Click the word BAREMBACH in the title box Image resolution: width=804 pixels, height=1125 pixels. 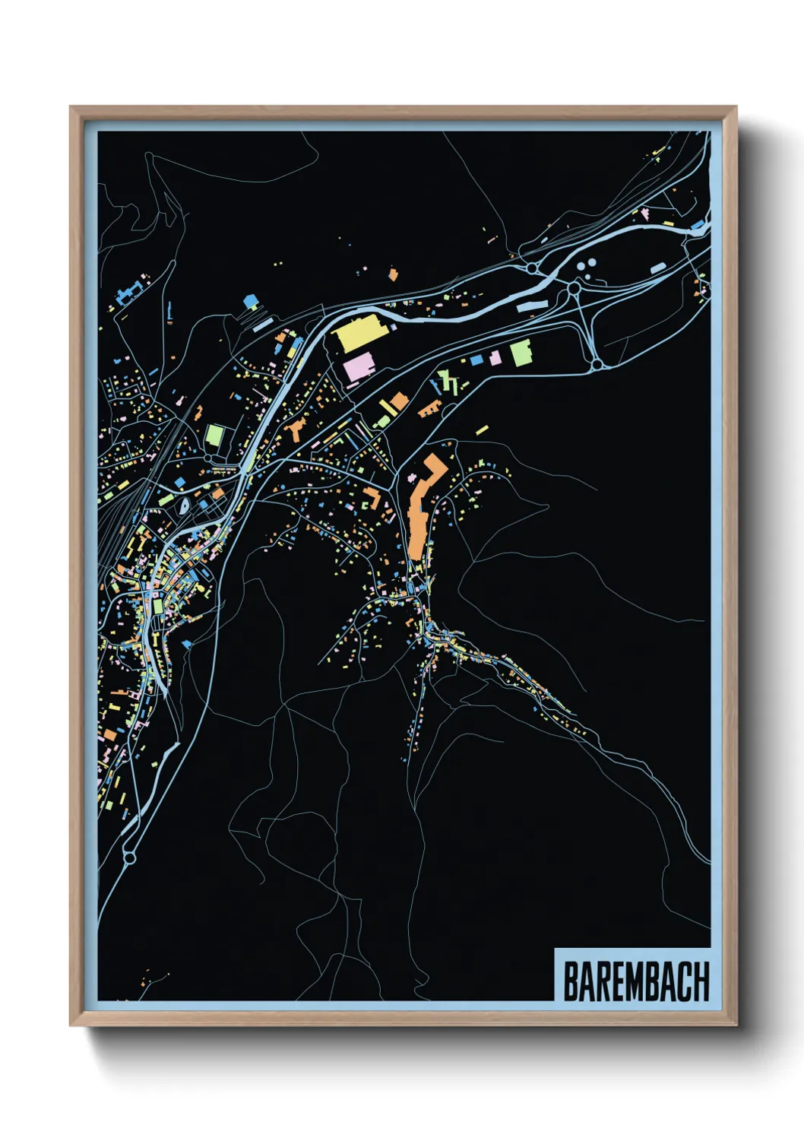pos(635,981)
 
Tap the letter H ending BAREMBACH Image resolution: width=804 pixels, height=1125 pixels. pos(701,981)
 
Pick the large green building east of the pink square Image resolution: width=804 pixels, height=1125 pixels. pos(521,353)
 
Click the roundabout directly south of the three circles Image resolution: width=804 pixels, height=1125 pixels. pos(575,289)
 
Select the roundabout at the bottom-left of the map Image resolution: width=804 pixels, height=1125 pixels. pos(128,857)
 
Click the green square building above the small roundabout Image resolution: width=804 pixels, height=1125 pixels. pos(215,436)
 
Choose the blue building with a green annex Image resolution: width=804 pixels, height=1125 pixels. pos(250,303)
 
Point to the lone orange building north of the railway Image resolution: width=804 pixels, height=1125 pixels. pos(392,274)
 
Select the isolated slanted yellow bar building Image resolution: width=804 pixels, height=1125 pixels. pos(481,430)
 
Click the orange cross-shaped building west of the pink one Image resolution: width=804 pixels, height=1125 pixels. pos(295,429)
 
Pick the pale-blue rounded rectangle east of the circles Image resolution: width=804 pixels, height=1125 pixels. pos(657,268)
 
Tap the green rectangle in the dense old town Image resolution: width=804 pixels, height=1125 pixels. pos(157,607)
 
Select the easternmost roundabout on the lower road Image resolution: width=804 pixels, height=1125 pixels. pos(597,365)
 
